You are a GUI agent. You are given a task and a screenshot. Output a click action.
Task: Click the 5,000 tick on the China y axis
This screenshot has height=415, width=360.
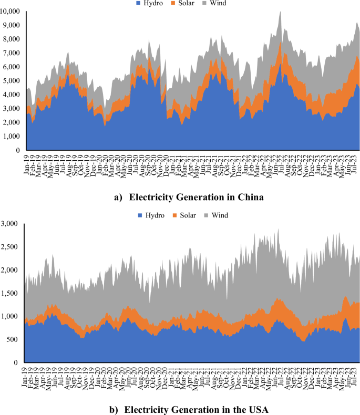(x=12, y=80)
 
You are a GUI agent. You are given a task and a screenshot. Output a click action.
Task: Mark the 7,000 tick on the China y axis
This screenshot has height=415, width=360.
(x=12, y=53)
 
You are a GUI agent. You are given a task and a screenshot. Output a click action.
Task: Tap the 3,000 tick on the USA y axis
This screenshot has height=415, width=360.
(x=12, y=224)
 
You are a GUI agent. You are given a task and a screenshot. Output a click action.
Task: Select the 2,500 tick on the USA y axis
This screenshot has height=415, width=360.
(x=12, y=247)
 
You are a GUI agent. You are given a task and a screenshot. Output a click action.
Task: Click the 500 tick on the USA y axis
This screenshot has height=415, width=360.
(x=15, y=339)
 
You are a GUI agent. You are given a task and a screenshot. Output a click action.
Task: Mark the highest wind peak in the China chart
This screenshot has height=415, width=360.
(x=281, y=11)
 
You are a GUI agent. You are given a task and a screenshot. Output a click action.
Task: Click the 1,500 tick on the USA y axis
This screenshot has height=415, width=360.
(x=12, y=293)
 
